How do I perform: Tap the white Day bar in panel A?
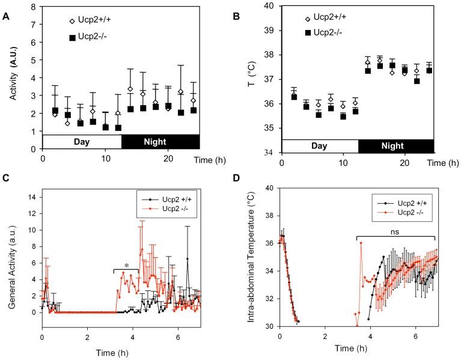[x=82, y=142]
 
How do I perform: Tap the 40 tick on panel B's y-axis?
[x=269, y=6]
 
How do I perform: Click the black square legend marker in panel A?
[x=73, y=37]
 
